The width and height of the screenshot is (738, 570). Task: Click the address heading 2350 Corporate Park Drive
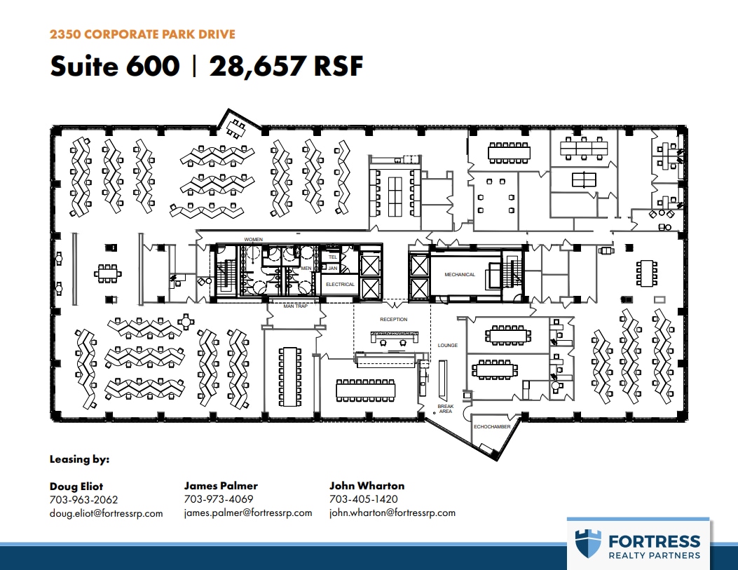coord(142,34)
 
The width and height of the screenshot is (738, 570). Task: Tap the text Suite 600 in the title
coord(114,66)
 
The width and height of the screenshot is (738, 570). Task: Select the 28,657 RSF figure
coord(286,66)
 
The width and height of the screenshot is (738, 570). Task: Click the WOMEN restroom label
coord(253,240)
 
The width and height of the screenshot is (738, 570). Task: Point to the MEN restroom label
coord(306,267)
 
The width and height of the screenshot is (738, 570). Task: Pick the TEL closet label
coord(333,257)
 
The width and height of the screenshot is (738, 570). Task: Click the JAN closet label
coord(333,268)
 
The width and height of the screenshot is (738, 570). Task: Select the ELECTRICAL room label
coord(341,285)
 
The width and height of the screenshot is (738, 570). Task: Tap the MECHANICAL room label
coord(460,275)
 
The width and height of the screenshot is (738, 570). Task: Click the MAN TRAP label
coord(295,306)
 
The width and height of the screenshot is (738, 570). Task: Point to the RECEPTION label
coord(393,320)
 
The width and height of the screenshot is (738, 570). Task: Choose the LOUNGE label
coord(447,346)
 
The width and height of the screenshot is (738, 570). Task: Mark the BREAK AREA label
coord(446,409)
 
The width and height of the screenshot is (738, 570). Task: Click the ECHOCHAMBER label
coord(491,426)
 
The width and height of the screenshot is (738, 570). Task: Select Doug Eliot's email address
coord(106,513)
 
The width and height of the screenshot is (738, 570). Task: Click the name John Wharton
coord(367,485)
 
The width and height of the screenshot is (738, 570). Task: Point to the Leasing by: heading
coord(79,460)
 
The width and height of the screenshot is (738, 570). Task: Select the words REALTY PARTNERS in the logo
coord(654,555)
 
